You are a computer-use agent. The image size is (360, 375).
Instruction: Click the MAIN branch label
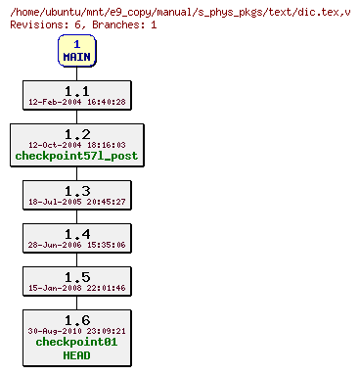[x=76, y=57]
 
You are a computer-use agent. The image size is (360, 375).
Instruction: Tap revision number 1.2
[x=76, y=133]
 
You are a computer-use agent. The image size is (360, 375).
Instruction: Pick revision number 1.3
[x=76, y=190]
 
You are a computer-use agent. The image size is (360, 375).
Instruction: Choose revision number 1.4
[x=76, y=233]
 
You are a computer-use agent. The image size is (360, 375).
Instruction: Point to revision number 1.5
[x=76, y=276]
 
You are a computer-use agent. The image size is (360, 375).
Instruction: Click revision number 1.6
[x=76, y=319]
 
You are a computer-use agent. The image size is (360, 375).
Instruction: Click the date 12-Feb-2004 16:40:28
[x=76, y=101]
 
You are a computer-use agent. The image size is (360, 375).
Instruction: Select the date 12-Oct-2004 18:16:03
[x=76, y=145]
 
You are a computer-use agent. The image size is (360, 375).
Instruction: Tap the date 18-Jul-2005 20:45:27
[x=76, y=202]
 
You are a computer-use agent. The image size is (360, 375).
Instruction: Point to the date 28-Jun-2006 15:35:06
[x=76, y=245]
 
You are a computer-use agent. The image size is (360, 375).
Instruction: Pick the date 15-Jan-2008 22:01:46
[x=76, y=288]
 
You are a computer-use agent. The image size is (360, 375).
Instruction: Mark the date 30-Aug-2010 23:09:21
[x=76, y=331]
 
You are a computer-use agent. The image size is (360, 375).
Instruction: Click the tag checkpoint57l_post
[x=76, y=156]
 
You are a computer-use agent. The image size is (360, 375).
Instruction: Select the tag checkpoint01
[x=76, y=343]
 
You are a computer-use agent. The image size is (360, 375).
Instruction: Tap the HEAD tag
[x=76, y=354]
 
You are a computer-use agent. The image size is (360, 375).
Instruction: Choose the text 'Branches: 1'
[x=124, y=23]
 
